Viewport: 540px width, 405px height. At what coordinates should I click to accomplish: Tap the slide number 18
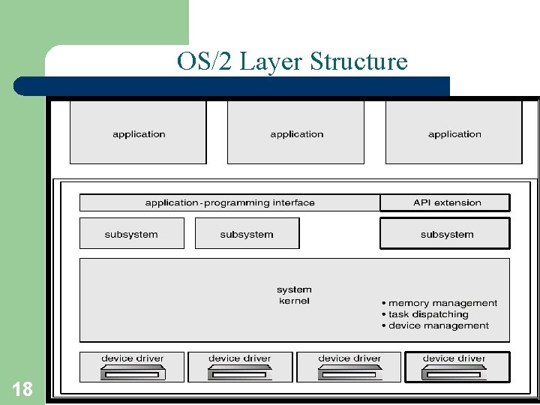pos(22,388)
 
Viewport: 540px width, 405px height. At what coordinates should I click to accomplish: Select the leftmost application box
pos(138,133)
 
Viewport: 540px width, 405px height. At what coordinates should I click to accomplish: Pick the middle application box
pos(295,133)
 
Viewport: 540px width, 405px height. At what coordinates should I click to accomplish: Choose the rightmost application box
pos(454,133)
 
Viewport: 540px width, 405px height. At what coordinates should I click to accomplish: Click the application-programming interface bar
pos(229,202)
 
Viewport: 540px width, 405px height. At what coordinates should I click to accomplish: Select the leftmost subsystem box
pos(131,234)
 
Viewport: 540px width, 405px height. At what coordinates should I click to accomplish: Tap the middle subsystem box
pos(247,234)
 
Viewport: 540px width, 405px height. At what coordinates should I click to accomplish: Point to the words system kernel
pos(294,295)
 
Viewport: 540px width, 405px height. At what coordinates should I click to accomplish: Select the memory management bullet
pos(439,303)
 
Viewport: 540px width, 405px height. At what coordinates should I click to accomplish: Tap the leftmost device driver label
pos(132,358)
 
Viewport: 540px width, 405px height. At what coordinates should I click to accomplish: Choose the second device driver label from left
pos(239,358)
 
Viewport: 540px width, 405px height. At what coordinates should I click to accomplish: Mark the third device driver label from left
pos(349,358)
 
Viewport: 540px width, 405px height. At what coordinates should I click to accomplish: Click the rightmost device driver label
pos(454,358)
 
